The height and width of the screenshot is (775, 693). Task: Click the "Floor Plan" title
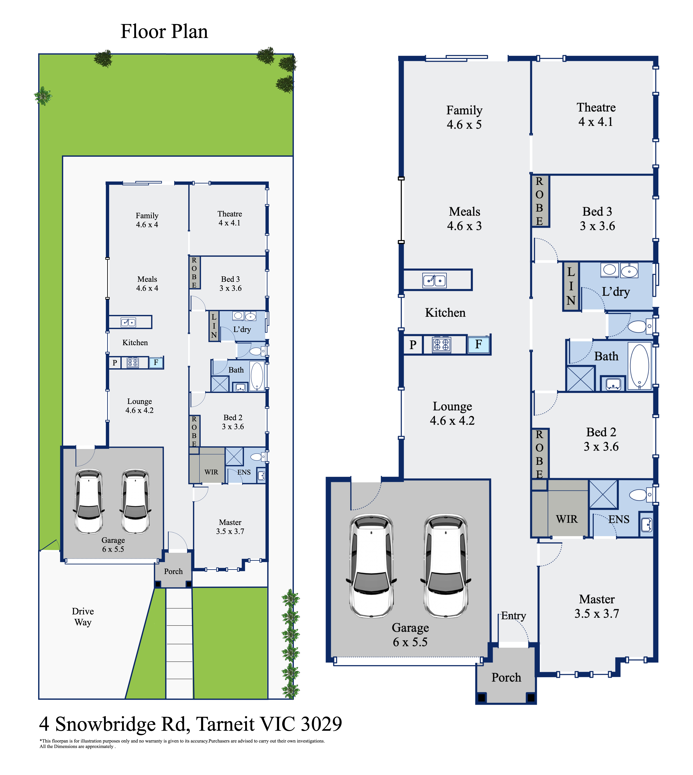click(x=164, y=32)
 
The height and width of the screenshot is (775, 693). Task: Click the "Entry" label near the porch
click(x=513, y=616)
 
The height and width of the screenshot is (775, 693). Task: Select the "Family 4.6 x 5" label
click(x=464, y=117)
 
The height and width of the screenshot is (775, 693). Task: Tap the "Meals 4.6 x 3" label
click(x=464, y=219)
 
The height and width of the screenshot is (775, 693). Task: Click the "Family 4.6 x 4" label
click(x=147, y=220)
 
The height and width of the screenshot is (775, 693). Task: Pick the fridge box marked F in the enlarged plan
click(x=479, y=345)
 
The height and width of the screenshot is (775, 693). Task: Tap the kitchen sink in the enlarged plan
click(x=435, y=280)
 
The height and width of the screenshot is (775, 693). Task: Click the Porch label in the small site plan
click(x=173, y=571)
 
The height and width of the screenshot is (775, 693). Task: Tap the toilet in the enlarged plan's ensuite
click(x=641, y=495)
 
